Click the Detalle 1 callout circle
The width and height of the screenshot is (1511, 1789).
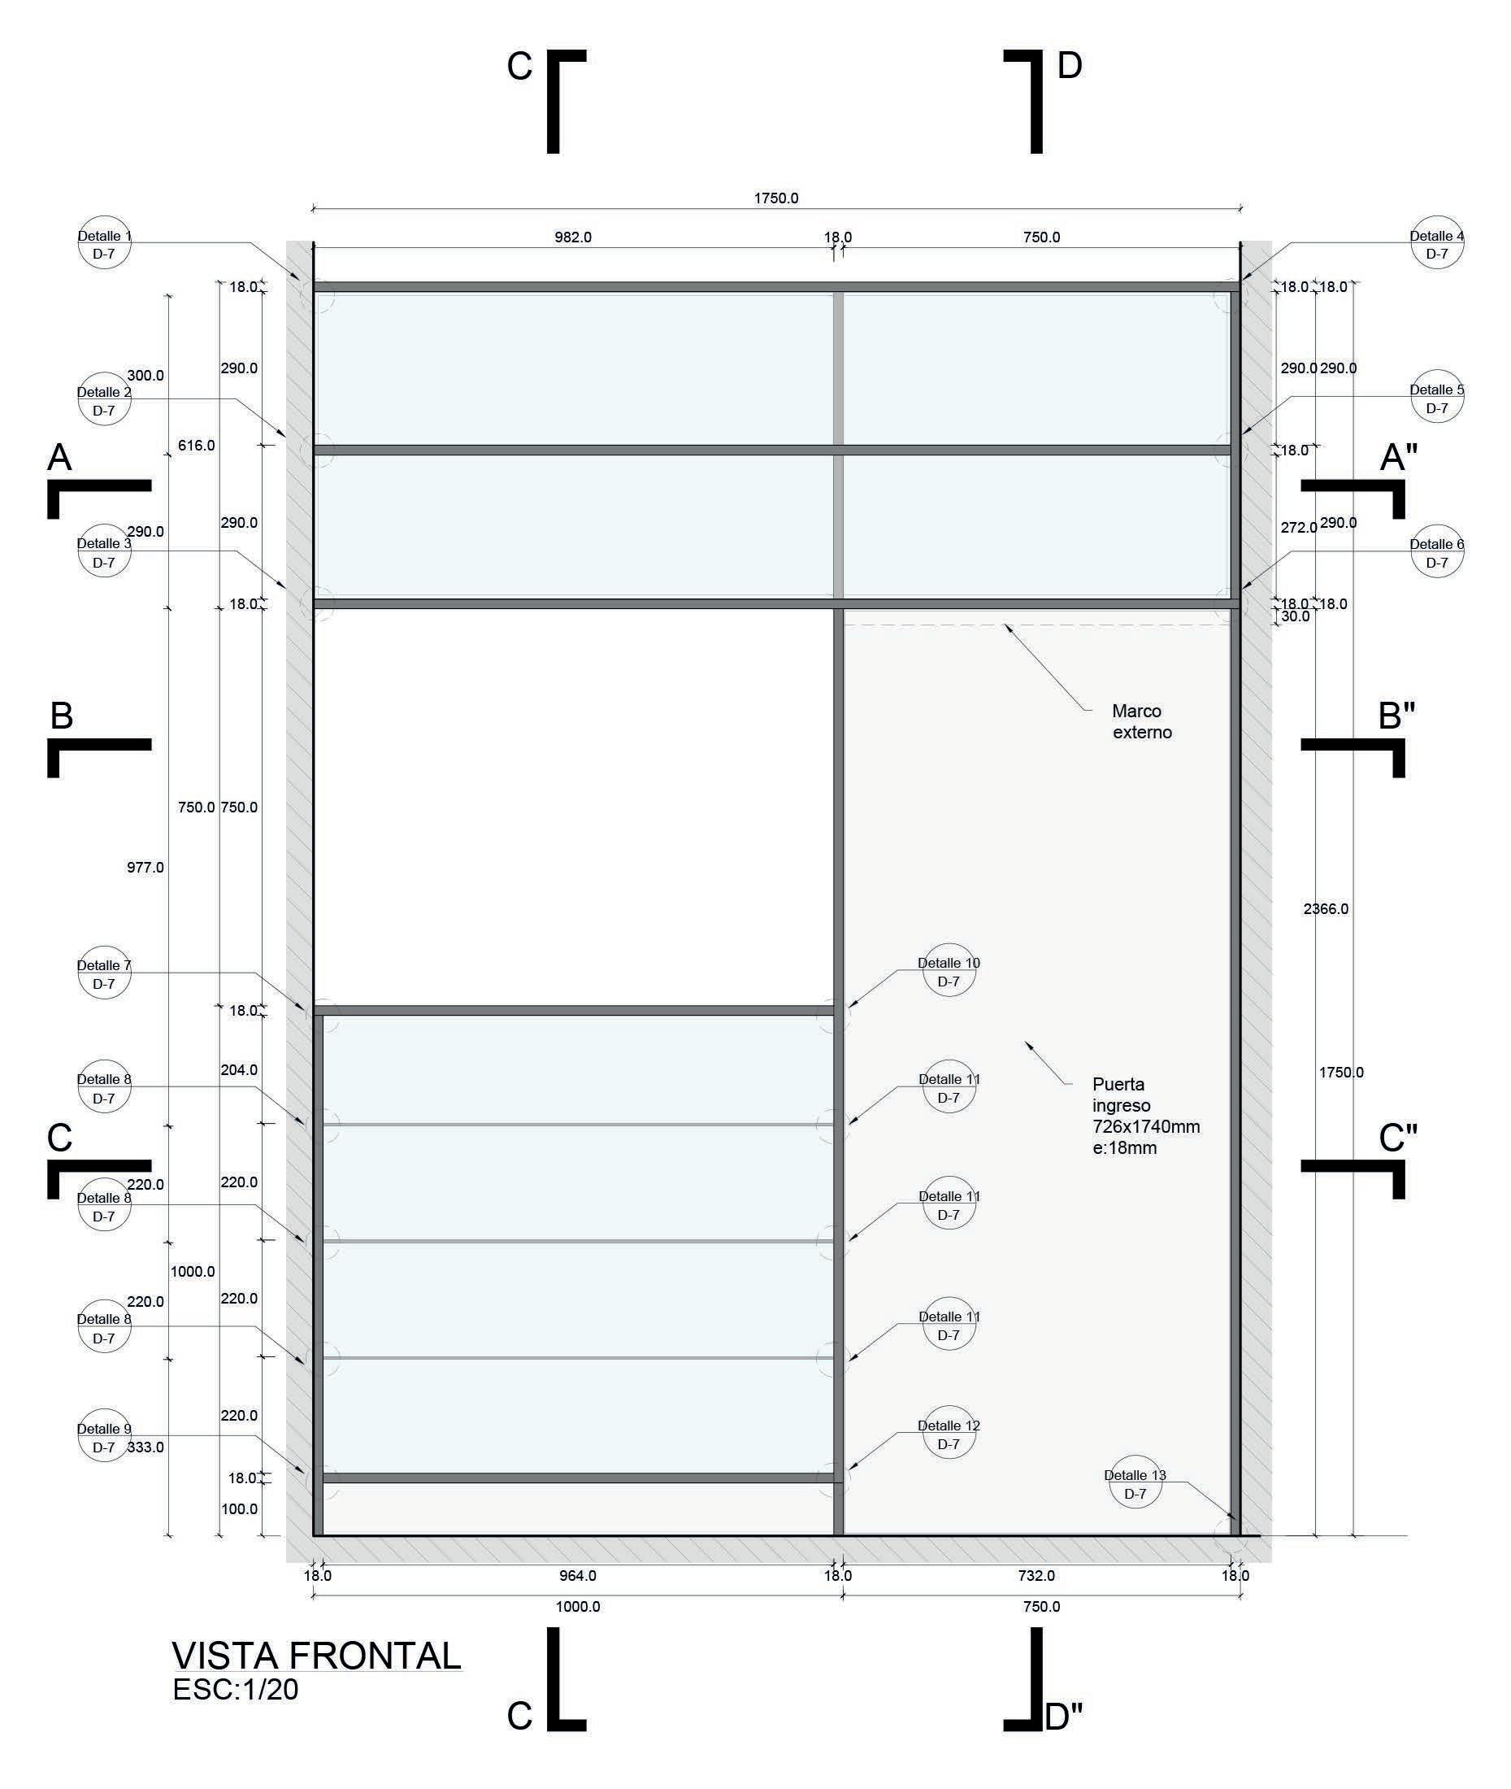(105, 243)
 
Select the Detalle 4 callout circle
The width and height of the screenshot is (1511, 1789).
(1436, 243)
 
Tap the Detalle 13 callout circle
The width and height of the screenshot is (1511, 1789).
(1134, 1483)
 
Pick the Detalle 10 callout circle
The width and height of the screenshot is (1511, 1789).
(949, 972)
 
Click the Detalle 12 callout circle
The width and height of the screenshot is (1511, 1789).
(949, 1434)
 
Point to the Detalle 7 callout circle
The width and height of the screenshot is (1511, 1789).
(104, 974)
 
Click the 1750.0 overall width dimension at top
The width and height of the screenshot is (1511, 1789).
(775, 198)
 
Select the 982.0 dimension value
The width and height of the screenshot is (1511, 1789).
(572, 237)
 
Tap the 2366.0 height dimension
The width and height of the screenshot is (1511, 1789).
(1325, 909)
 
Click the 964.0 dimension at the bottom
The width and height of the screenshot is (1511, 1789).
(577, 1576)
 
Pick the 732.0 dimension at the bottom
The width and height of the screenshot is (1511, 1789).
(1036, 1576)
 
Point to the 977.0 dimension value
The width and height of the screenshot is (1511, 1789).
(145, 868)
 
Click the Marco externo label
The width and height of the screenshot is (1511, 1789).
(1141, 721)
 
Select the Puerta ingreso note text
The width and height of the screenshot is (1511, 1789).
(1145, 1116)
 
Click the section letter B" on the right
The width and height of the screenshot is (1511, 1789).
(1396, 716)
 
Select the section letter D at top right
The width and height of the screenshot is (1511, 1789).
(1069, 66)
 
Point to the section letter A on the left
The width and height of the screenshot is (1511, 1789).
(59, 458)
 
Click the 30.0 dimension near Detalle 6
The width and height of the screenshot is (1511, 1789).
(1294, 617)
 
